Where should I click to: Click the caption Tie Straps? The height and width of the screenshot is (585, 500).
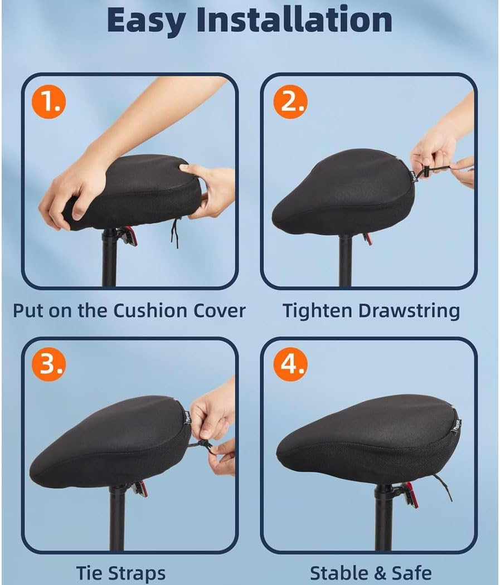coord(121,573)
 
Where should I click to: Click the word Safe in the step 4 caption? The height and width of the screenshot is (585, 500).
coord(410,573)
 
